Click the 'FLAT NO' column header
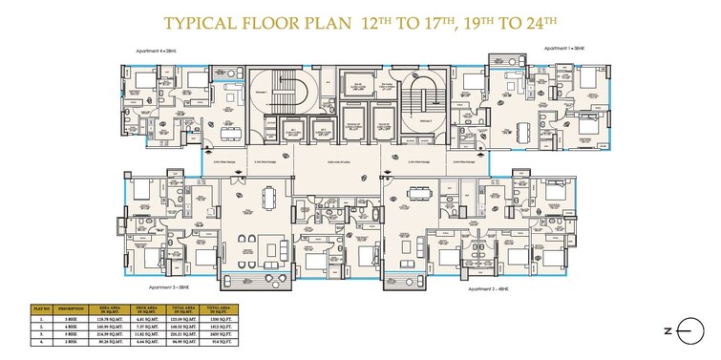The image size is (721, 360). pyautogui.click(x=41, y=308)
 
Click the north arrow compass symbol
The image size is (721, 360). pyautogui.click(x=686, y=329)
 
